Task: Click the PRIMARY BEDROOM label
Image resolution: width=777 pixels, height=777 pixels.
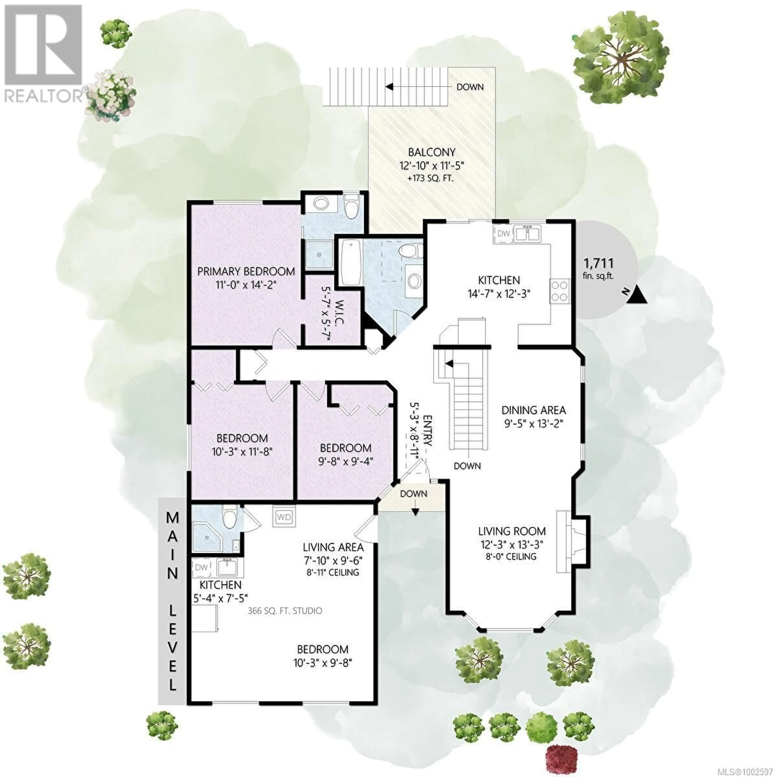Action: tap(246, 272)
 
